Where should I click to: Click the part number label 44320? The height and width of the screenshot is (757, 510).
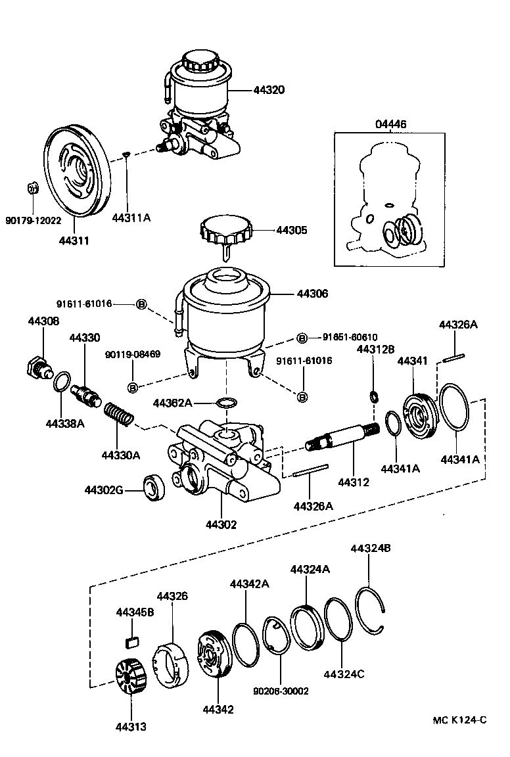[269, 90]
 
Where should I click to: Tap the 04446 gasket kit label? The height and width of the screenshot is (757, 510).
[391, 124]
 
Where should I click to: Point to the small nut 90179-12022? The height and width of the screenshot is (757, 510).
[33, 189]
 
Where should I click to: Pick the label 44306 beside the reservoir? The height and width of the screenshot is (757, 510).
[312, 294]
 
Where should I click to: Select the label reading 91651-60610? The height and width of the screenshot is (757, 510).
[350, 337]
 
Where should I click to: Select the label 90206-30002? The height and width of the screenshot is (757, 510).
[281, 691]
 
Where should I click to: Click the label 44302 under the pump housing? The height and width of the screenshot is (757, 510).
[221, 524]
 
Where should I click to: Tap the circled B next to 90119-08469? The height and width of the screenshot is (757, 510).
[132, 387]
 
